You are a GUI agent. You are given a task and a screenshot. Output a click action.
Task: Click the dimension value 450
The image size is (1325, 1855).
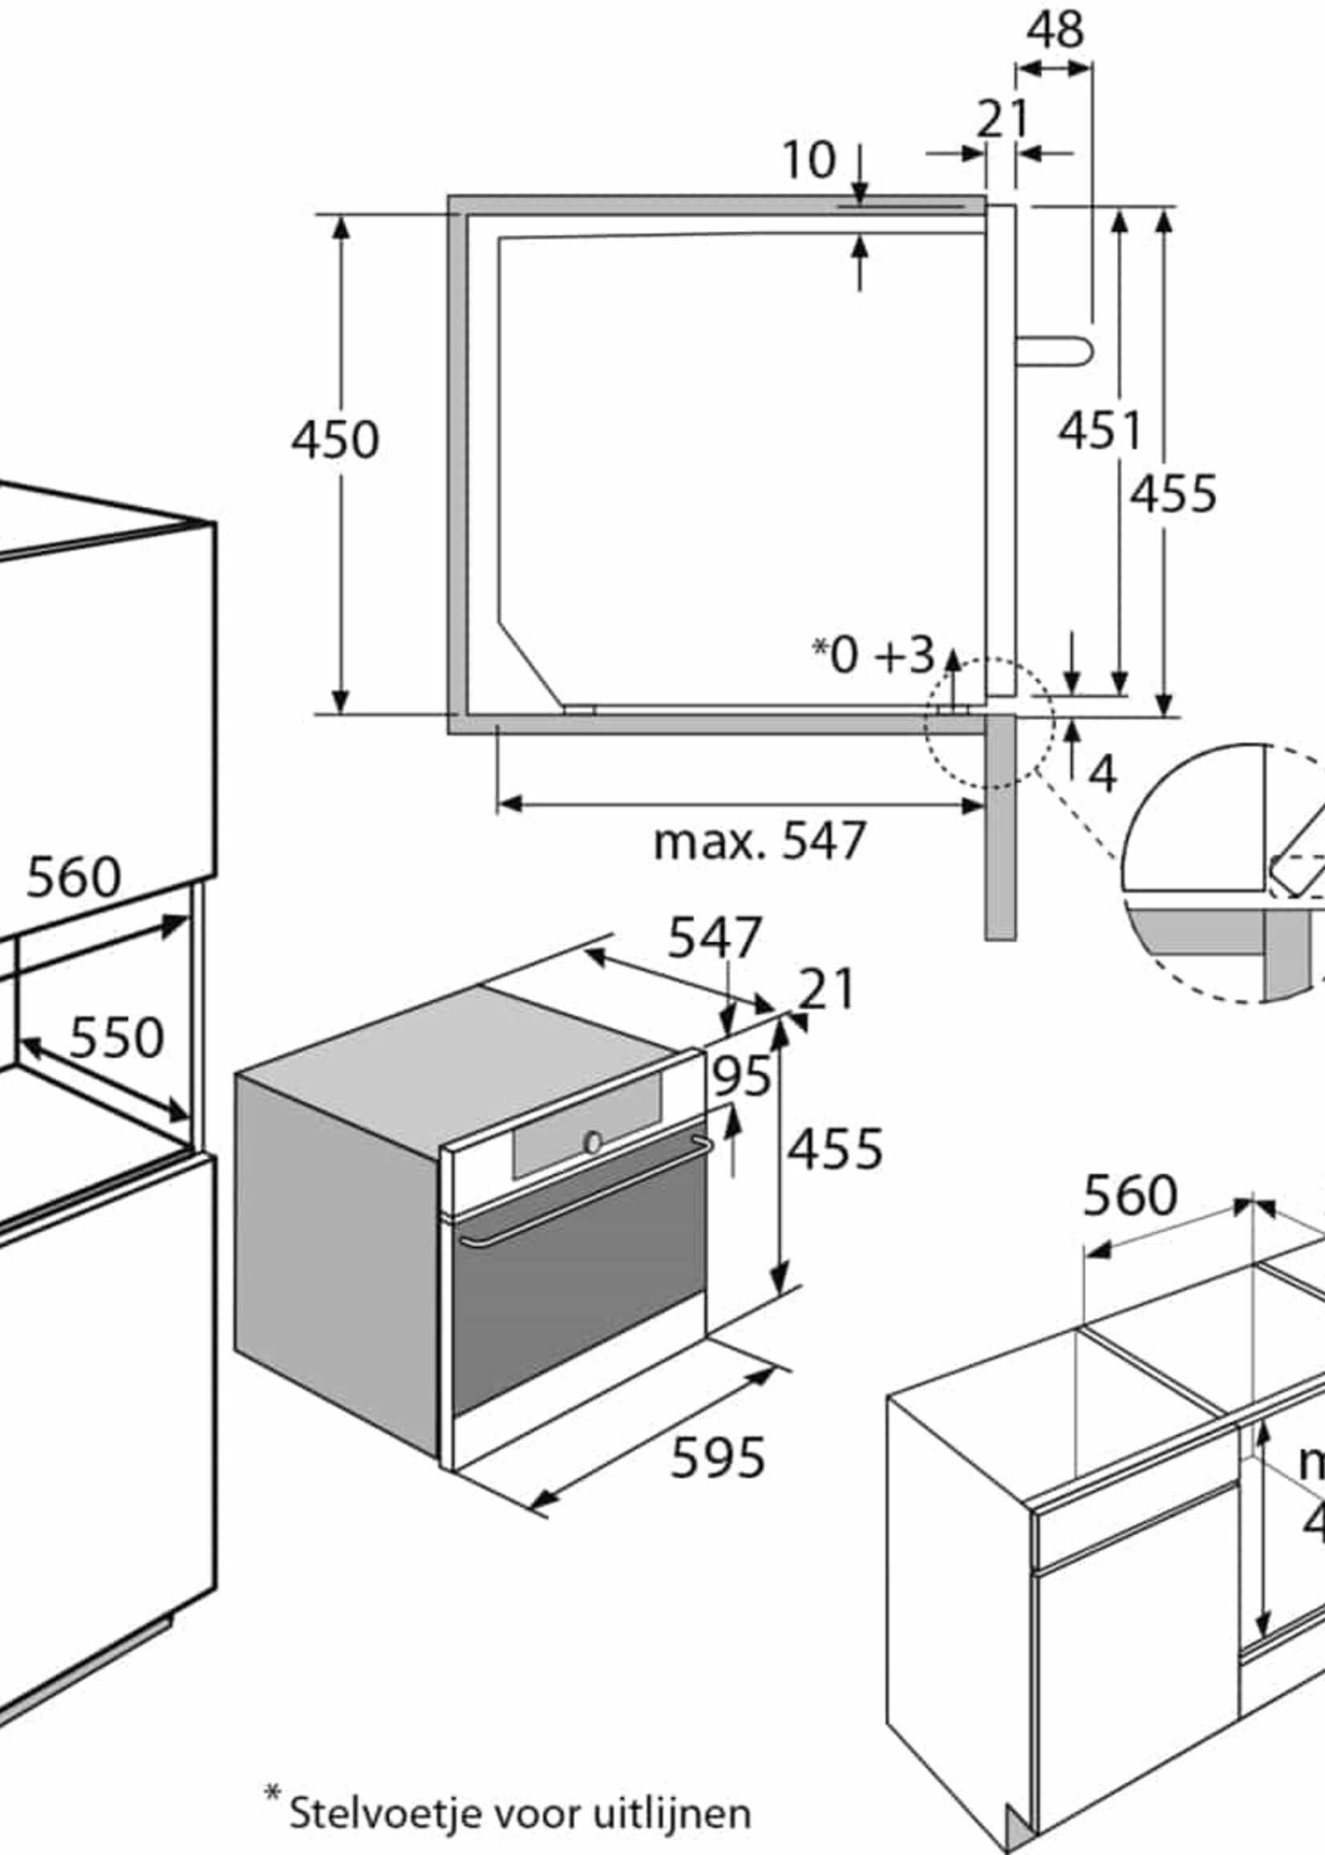click(x=335, y=439)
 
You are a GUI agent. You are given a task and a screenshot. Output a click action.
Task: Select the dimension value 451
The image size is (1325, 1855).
click(x=1099, y=430)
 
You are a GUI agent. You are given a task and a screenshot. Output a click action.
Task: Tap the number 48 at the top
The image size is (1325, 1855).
click(x=1055, y=30)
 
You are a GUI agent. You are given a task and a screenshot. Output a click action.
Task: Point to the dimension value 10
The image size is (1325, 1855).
click(x=808, y=160)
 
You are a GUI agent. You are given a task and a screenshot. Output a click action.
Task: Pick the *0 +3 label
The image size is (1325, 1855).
click(x=873, y=655)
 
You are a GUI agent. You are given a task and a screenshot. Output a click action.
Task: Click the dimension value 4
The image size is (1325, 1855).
click(x=1102, y=775)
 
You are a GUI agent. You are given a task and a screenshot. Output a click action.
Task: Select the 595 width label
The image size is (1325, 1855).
click(x=718, y=1459)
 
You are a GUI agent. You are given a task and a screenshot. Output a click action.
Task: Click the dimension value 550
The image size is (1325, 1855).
click(x=116, y=1038)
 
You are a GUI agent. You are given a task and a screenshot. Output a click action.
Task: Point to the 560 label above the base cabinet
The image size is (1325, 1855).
click(x=1129, y=1196)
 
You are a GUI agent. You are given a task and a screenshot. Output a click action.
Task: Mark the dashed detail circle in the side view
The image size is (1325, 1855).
click(x=989, y=723)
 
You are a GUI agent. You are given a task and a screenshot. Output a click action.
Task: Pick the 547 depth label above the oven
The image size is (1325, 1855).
click(x=715, y=938)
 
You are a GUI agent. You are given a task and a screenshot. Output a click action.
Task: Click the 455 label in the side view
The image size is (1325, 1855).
click(x=1173, y=494)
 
